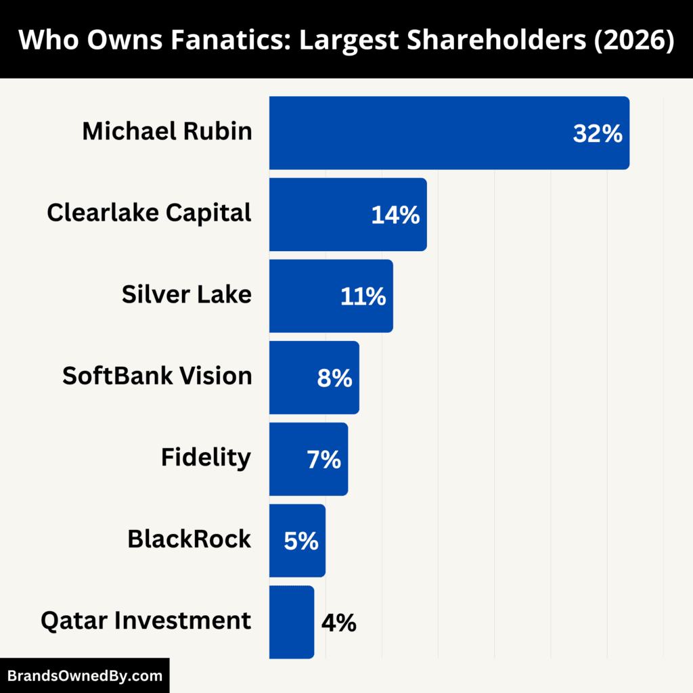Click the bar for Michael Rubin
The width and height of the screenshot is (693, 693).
(x=420, y=133)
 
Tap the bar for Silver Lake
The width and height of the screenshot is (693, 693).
(x=305, y=296)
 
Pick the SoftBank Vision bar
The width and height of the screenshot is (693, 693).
(x=291, y=377)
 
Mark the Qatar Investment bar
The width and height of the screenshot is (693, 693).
(x=291, y=621)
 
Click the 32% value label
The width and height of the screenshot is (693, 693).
(x=597, y=133)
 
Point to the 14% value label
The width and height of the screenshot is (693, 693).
(x=395, y=215)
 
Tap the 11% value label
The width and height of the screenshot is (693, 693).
(x=363, y=296)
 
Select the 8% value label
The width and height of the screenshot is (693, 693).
(x=334, y=378)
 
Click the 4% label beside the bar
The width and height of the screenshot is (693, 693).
(x=338, y=622)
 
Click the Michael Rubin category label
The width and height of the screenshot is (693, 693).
(x=167, y=131)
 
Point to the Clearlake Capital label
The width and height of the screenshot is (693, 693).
(x=150, y=213)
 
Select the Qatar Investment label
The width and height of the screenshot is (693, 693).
(x=146, y=620)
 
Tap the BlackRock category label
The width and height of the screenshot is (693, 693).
(x=189, y=539)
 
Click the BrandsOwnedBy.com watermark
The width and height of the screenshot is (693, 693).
(x=85, y=675)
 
